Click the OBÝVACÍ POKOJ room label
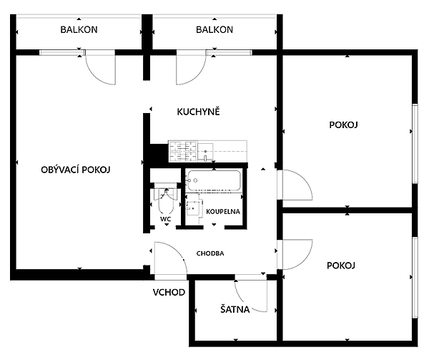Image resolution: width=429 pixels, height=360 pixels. tap(76, 170)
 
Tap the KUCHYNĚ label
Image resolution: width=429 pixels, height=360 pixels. tap(198, 112)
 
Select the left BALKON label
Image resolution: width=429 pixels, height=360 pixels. tap(79, 29)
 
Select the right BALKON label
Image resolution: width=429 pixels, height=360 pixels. tap(214, 29)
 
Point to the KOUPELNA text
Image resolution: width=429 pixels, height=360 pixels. tap(223, 212)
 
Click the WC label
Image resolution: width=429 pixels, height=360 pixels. tap(166, 219)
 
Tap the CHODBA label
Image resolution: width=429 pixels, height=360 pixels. tap(210, 253)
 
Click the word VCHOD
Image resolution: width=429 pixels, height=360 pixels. tap(169, 293)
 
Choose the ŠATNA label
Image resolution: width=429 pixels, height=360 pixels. tap(235, 309)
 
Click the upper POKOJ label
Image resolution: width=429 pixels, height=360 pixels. tap(343, 125)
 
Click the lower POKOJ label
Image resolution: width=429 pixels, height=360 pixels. tap(341, 266)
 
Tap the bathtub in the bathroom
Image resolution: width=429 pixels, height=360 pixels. tap(213, 180)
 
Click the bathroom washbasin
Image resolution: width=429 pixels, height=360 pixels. tap(194, 208)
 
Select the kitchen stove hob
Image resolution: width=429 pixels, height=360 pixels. tap(183, 151)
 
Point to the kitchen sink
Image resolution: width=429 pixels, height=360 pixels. tap(205, 152)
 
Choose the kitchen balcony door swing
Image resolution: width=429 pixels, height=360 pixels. tap(197, 75)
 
